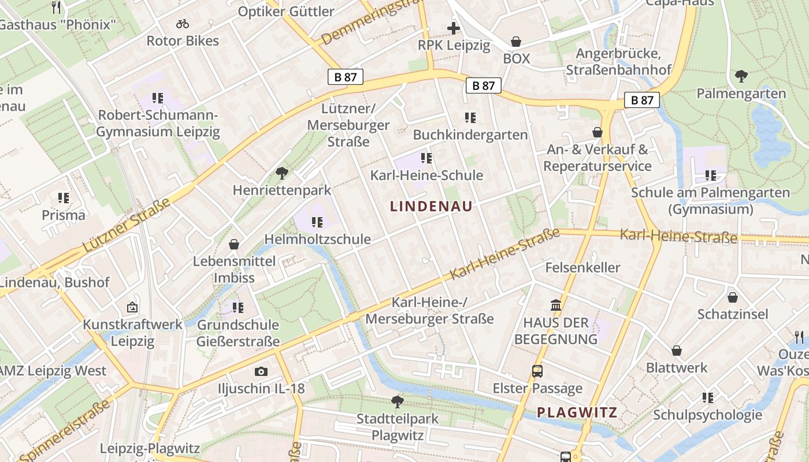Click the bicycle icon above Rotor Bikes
tap(183, 24)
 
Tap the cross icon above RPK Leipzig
tap(454, 28)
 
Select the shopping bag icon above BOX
tap(516, 42)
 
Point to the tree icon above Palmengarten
tap(741, 76)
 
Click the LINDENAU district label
tap(431, 206)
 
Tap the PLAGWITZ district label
tap(577, 412)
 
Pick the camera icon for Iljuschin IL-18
tap(261, 371)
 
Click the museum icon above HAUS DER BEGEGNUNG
tap(556, 305)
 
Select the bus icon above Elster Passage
tap(537, 371)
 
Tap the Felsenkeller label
tap(582, 267)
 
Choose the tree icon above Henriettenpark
tap(282, 173)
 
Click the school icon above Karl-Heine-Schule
tap(426, 158)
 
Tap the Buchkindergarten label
tap(470, 135)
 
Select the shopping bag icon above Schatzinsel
tap(733, 297)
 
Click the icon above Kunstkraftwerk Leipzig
tap(132, 307)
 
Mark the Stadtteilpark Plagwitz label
tap(398, 427)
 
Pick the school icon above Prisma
tap(64, 198)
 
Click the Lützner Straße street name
tap(127, 225)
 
